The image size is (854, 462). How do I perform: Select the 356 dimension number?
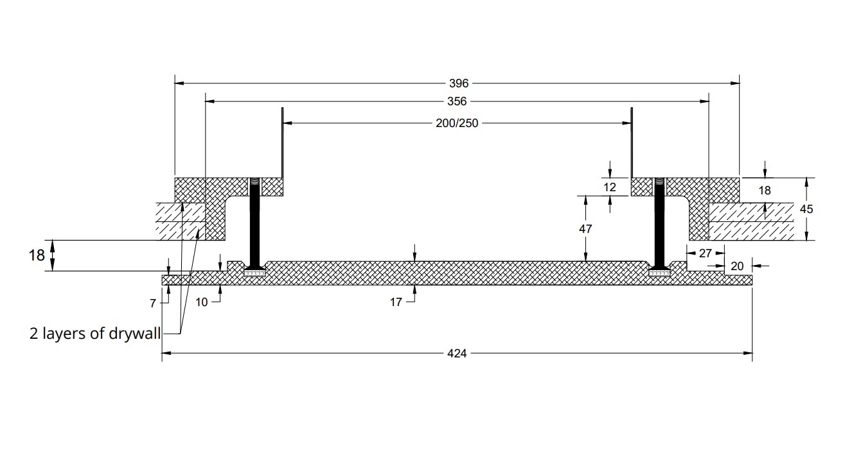coord(457,101)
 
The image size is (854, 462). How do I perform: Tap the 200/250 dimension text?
coord(457,123)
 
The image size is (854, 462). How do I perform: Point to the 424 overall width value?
coord(457,353)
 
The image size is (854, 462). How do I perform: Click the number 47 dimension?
coord(585,228)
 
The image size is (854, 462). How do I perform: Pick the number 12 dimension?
coord(610,187)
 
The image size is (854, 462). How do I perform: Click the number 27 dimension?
coord(705,253)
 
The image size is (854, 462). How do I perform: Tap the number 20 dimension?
coord(738,266)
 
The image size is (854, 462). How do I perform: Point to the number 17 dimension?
coord(396,302)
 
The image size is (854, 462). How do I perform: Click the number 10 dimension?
coord(202,302)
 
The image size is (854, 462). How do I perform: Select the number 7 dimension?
coord(153,304)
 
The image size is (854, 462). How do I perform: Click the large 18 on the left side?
coord(37,255)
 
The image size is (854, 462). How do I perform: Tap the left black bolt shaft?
coord(254,225)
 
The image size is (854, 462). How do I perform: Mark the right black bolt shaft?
coord(659,225)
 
